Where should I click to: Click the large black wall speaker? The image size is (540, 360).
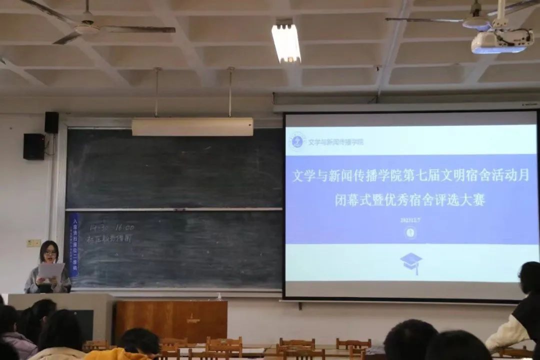pyautogui.click(x=34, y=146)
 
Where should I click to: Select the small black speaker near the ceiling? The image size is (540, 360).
pyautogui.click(x=51, y=122)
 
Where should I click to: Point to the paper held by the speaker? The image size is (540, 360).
pyautogui.click(x=51, y=271)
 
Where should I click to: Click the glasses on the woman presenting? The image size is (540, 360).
pyautogui.click(x=50, y=253)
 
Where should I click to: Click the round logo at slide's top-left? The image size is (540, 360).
pyautogui.click(x=298, y=141)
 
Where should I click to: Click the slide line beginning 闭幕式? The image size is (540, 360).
pyautogui.click(x=410, y=200)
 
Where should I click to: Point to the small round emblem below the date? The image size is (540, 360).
pyautogui.click(x=411, y=232)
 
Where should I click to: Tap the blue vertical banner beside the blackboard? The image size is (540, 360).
pyautogui.click(x=74, y=245)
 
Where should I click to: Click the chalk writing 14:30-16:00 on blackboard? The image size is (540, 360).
pyautogui.click(x=111, y=228)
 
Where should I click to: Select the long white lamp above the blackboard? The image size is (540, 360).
pyautogui.click(x=192, y=127)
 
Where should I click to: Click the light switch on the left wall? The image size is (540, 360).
pyautogui.click(x=34, y=243)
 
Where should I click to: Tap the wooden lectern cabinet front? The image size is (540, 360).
pyautogui.click(x=171, y=321)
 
